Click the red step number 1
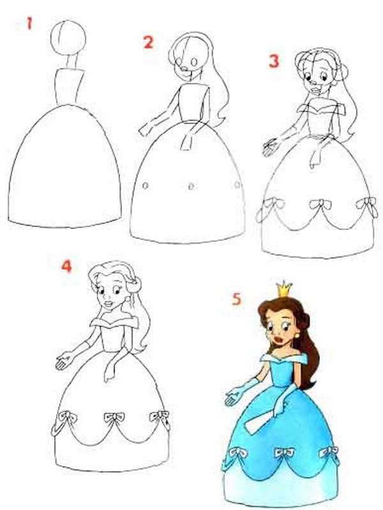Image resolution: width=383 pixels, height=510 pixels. pyautogui.click(x=29, y=24)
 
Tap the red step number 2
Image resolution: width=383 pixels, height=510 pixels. pyautogui.click(x=148, y=42)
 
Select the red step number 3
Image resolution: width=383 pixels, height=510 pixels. pyautogui.click(x=274, y=61)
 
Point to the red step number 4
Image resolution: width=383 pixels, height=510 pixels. pyautogui.click(x=66, y=266)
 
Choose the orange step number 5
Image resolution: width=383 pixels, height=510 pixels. pyautogui.click(x=236, y=299)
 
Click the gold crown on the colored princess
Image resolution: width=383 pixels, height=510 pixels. pyautogui.click(x=284, y=289)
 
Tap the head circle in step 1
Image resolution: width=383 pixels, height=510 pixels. pyautogui.click(x=68, y=38)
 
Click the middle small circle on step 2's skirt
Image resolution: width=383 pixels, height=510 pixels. pyautogui.click(x=191, y=187)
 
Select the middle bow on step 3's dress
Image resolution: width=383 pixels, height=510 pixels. pyautogui.click(x=320, y=205)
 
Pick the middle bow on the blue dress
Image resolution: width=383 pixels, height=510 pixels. pyautogui.click(x=284, y=452)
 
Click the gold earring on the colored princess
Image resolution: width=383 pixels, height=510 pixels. pyautogui.click(x=297, y=335)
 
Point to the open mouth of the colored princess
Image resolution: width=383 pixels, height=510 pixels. pyautogui.click(x=279, y=340)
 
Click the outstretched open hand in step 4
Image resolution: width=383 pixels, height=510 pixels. pyautogui.click(x=64, y=360)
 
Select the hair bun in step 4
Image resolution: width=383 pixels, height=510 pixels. pyautogui.click(x=134, y=286)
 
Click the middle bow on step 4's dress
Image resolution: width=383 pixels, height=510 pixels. pyautogui.click(x=114, y=417)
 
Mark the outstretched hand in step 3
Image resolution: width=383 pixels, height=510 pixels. pyautogui.click(x=271, y=147)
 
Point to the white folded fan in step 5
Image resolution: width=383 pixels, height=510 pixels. pyautogui.click(x=259, y=424)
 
